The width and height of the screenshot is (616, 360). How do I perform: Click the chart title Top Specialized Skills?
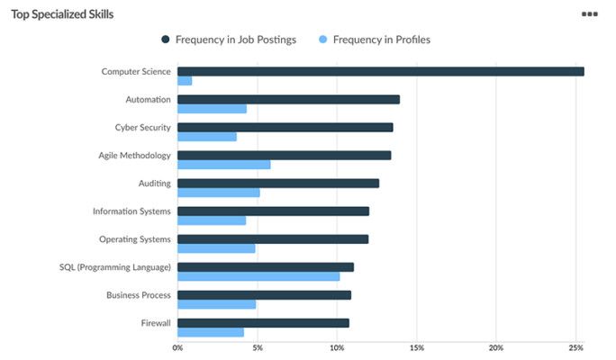[62, 14]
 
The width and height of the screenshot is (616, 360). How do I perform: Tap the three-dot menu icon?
[590, 14]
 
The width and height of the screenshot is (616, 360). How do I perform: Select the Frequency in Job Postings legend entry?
[229, 40]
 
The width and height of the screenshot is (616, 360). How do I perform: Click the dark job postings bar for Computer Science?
[380, 71]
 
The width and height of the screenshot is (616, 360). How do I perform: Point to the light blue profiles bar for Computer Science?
[185, 81]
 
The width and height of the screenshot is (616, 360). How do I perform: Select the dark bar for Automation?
[288, 99]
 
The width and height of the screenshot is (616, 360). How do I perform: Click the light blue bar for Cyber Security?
[207, 137]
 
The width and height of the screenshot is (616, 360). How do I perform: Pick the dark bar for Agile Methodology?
[284, 155]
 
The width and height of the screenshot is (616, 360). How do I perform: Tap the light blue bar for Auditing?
[219, 193]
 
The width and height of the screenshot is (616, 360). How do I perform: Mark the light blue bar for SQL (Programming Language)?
[258, 276]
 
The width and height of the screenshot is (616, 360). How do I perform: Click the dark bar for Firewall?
[263, 322]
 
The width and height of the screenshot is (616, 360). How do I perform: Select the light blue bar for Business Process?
[217, 304]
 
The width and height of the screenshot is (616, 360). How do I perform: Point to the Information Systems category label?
[131, 211]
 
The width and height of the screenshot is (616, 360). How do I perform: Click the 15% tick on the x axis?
[416, 347]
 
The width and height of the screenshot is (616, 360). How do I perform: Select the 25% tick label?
[575, 347]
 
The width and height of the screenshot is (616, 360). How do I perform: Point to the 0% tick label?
[177, 347]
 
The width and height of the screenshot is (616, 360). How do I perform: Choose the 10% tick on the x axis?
[336, 347]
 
